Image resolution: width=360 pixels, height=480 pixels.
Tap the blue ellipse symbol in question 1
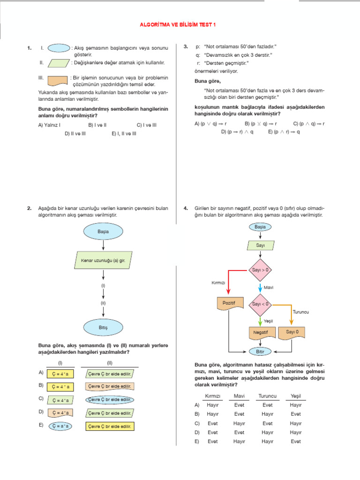(59, 47)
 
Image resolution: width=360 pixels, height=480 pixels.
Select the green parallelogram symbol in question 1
(59, 63)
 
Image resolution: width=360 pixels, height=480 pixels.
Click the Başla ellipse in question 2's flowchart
(103, 232)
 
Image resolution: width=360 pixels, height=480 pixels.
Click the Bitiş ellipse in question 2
(103, 326)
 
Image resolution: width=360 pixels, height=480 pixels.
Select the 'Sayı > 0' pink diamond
(260, 270)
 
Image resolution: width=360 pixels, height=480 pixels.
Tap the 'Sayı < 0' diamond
(260, 304)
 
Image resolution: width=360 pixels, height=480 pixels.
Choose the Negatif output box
(260, 332)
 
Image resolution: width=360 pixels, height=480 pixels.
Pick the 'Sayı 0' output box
(292, 332)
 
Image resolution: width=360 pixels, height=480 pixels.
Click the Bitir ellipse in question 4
(260, 351)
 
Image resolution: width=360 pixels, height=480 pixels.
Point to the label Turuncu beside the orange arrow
(300, 312)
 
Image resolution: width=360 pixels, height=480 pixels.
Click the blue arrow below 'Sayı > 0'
(260, 287)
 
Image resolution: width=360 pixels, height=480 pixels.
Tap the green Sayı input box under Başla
(260, 245)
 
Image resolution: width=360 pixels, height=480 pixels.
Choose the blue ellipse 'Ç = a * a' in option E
(60, 426)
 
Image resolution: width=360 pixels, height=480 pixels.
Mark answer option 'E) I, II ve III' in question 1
(124, 133)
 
